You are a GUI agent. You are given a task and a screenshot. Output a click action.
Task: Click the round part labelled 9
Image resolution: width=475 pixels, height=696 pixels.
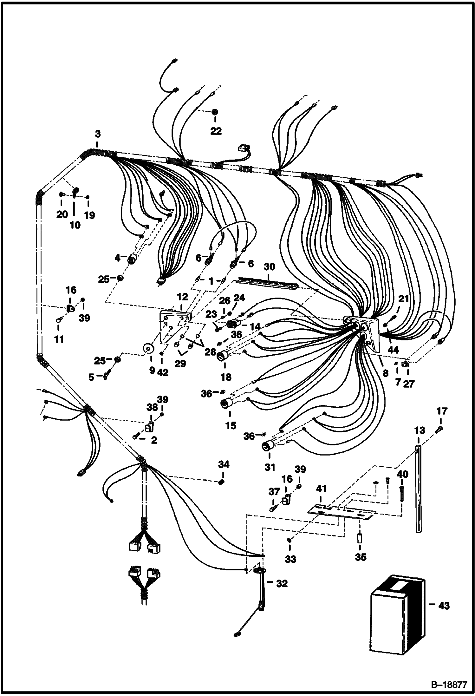[x=148, y=349]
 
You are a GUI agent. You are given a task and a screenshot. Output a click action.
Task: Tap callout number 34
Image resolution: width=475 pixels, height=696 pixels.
[x=224, y=464]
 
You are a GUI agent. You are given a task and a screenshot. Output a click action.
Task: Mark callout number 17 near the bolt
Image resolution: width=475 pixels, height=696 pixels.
[x=442, y=411]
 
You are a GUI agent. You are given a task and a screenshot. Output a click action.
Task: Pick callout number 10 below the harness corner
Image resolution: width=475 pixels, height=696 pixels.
[x=75, y=225]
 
